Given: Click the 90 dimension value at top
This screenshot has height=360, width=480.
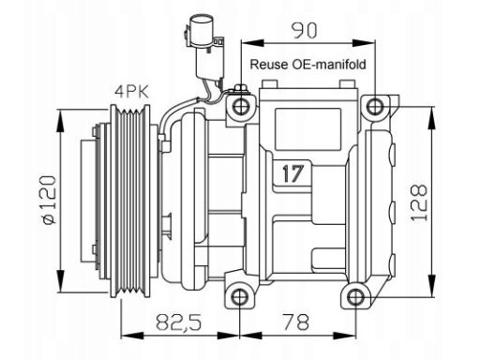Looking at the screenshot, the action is click(304, 30).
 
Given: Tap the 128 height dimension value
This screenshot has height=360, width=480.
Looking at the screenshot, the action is click(419, 203).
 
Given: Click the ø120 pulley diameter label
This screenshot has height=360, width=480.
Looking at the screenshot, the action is click(50, 200).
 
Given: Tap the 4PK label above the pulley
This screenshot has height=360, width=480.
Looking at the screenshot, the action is click(131, 92).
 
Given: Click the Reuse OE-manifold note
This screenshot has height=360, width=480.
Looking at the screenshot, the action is click(307, 65).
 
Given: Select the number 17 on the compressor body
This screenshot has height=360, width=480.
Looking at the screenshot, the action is click(292, 173).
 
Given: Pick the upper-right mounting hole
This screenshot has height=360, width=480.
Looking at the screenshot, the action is click(375, 106).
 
